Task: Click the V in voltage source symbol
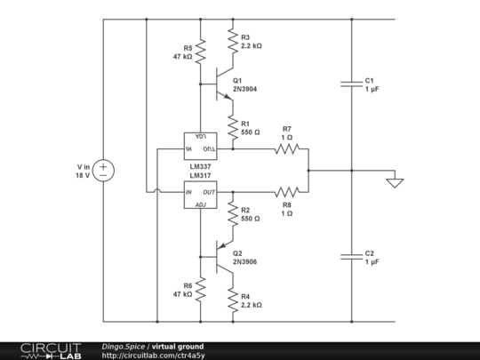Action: click(x=103, y=170)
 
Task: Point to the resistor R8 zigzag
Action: click(x=286, y=191)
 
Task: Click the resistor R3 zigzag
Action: click(x=232, y=41)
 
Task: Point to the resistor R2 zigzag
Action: click(x=232, y=214)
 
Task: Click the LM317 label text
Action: click(x=200, y=175)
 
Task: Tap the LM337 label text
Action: click(x=200, y=165)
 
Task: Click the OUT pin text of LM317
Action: click(x=209, y=192)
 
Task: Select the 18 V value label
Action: click(x=84, y=175)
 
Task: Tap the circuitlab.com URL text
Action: click(x=153, y=356)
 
